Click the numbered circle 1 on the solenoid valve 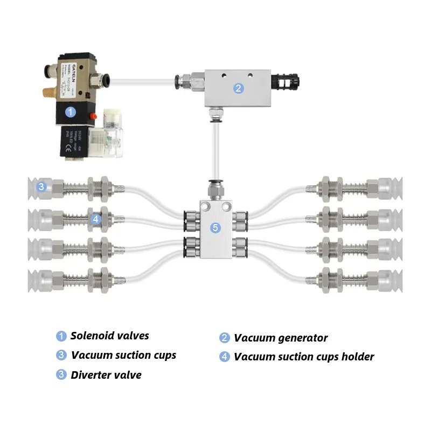70,112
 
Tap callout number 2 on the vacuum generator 239,88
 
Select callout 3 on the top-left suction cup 41,187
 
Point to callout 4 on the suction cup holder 95,219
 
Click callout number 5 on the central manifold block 215,228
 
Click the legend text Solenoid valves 110,336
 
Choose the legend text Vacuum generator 281,338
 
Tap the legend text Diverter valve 106,375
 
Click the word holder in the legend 357,357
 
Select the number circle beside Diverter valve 61,375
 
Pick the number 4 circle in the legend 225,357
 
